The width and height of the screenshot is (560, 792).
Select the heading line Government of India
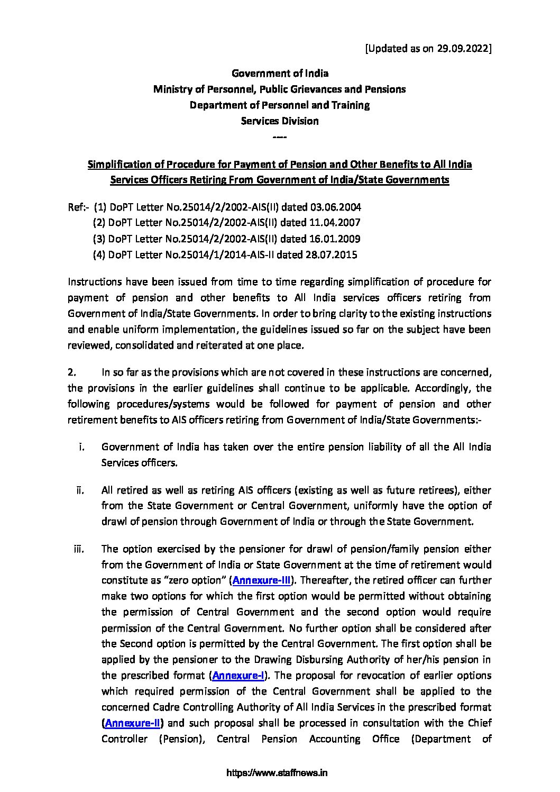point(280,73)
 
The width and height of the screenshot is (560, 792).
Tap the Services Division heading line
point(280,121)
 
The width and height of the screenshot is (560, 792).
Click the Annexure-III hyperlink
point(262,580)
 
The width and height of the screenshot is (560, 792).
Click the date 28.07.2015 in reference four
point(331,254)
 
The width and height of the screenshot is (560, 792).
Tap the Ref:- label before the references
point(78,207)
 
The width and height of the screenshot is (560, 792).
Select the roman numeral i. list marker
point(82,447)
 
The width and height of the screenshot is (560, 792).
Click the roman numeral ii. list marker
point(80,490)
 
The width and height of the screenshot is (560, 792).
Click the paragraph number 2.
point(72,372)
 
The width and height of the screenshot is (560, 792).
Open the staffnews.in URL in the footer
point(277,773)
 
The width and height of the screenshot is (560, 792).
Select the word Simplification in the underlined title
point(118,164)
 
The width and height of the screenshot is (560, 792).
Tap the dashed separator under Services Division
point(280,137)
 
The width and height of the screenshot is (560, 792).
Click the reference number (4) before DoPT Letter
point(99,254)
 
